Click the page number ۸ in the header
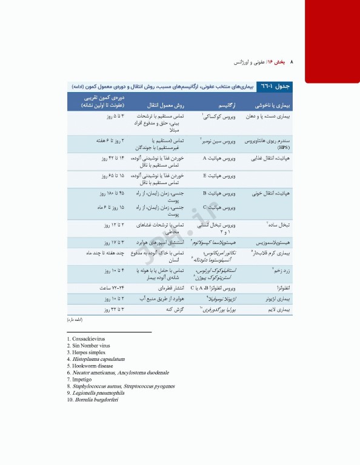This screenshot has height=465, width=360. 292,62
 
